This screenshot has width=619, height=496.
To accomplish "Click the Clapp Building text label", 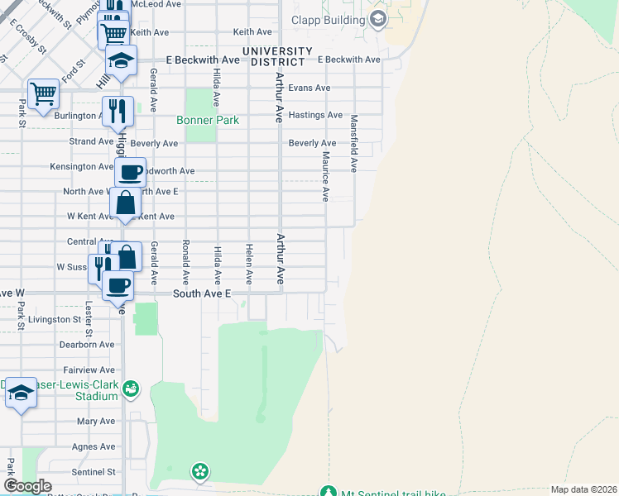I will point(329,19).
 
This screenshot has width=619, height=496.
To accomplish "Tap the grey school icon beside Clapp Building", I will point(377,19).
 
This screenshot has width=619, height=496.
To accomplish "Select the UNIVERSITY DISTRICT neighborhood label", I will point(277,55).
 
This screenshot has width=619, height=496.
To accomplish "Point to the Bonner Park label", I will point(208,120).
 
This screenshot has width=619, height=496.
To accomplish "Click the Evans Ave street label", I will point(309,88).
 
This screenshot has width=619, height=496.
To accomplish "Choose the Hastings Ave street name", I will point(315,115).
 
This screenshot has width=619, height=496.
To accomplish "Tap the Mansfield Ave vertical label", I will point(353,143).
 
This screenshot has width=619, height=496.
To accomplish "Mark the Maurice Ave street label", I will point(326,176).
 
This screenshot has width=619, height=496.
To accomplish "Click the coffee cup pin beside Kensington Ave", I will point(130,173).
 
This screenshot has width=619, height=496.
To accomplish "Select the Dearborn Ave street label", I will point(87,344).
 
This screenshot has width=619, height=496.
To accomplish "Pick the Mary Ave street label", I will point(95,421).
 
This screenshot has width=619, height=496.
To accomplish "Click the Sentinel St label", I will point(93,472).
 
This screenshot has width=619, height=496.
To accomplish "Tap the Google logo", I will point(27,486).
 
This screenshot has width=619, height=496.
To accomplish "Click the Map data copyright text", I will point(583,489).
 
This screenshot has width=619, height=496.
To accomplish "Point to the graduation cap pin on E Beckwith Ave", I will point(121,60).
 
